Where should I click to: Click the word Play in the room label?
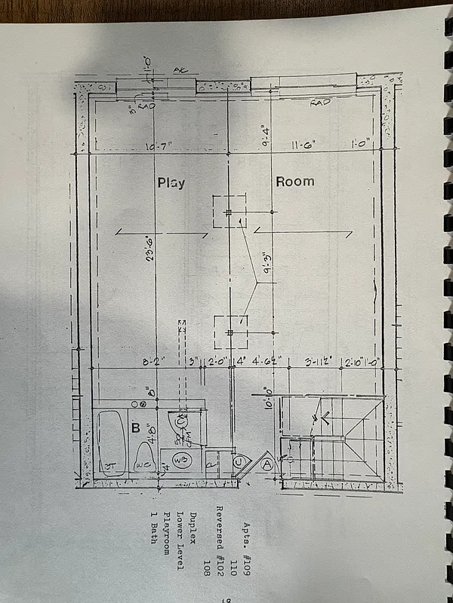click(x=171, y=182)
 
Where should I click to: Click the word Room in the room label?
click(x=294, y=182)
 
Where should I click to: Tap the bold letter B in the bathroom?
click(x=136, y=429)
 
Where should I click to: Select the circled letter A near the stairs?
click(x=267, y=464)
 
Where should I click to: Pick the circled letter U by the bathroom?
click(x=238, y=462)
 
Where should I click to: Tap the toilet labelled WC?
click(x=145, y=458)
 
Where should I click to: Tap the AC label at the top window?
click(x=180, y=69)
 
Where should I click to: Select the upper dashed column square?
click(x=229, y=213)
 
